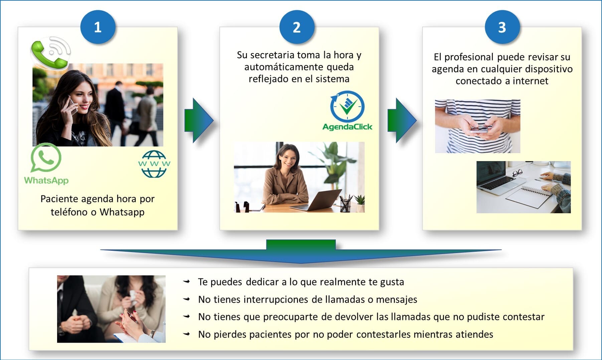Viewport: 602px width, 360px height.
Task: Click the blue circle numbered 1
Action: point(98,27)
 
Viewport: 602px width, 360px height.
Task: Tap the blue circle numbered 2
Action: point(297,27)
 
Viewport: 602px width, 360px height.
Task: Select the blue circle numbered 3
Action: point(502,27)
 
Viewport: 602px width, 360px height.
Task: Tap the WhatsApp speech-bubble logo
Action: point(46,158)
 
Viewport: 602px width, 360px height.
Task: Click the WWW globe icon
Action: point(154,164)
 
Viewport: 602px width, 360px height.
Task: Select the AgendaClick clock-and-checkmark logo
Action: point(347,107)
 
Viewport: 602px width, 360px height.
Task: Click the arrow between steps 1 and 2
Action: point(199,120)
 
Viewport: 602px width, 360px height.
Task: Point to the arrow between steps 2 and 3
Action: point(402,120)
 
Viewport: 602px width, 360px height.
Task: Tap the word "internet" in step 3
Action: point(530,81)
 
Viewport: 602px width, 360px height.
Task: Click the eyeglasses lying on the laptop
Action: point(517,173)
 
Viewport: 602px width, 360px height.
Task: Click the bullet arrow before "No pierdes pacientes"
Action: point(187,334)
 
